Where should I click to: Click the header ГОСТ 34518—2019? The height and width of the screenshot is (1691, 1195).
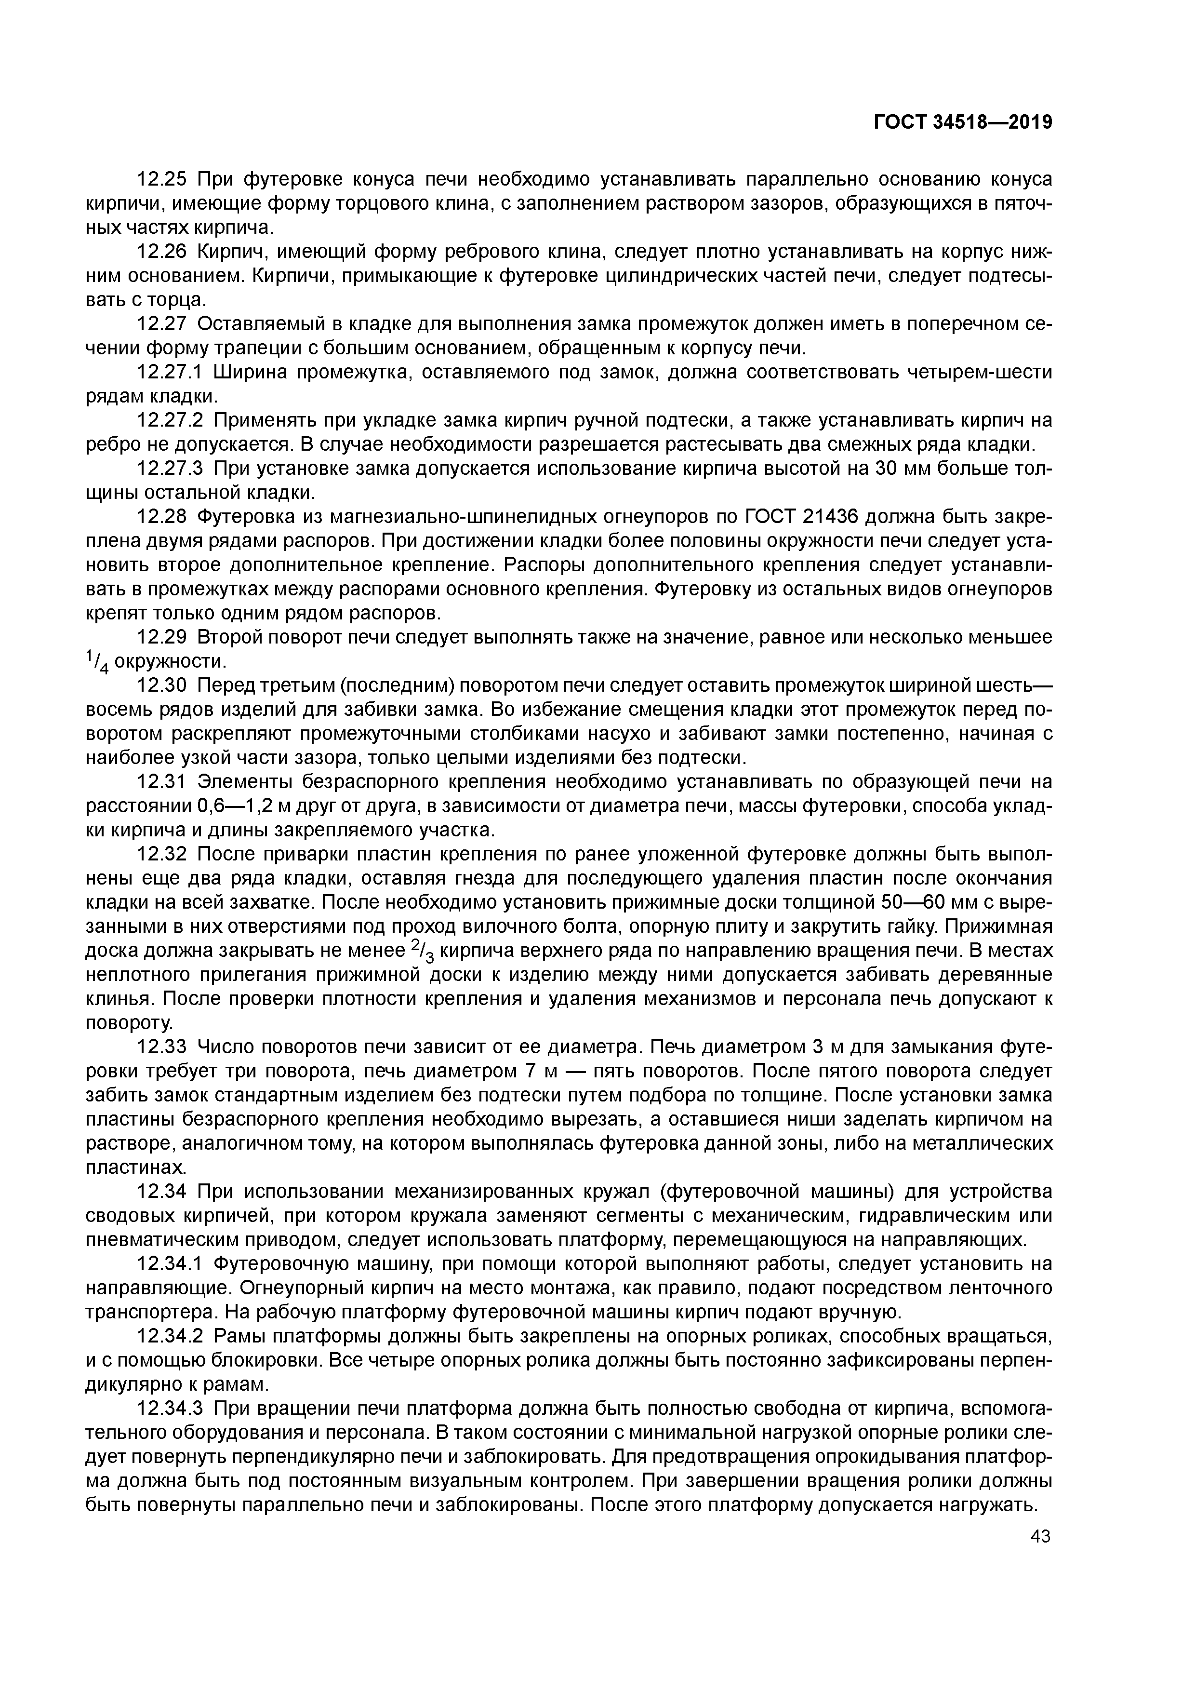tap(962, 122)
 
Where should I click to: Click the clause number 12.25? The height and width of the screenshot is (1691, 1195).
tap(163, 179)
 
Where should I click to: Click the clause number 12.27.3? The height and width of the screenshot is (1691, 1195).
tap(172, 469)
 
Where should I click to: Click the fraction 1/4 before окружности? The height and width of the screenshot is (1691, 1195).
tap(98, 662)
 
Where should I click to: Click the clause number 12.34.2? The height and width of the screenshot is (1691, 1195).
tap(172, 1338)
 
